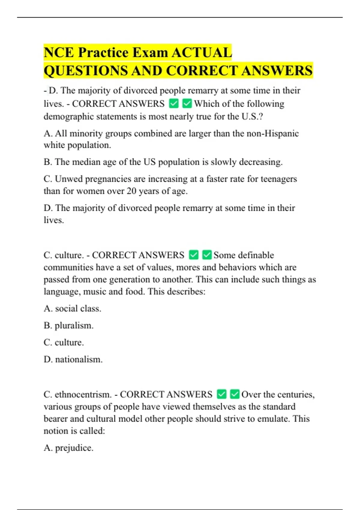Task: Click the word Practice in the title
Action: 103,52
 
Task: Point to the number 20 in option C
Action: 131,191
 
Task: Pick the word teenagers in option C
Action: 278,179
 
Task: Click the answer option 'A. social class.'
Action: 72,308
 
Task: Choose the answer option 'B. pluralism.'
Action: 68,325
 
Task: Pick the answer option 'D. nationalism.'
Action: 73,359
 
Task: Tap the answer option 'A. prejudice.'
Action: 68,448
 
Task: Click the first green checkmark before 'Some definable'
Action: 194,255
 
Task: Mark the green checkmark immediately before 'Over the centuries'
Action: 235,394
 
